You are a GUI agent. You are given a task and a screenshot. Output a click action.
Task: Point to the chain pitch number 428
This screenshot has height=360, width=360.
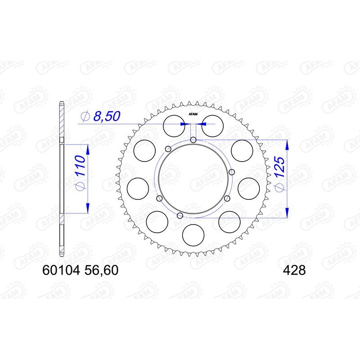[x=294, y=270]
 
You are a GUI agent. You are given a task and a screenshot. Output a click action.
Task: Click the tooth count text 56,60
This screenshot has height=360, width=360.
[x=103, y=270]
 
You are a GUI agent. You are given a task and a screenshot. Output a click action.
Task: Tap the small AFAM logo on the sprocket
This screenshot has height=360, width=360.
[x=193, y=114]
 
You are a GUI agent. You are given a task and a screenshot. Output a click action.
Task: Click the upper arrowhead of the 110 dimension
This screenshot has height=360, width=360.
[x=86, y=148]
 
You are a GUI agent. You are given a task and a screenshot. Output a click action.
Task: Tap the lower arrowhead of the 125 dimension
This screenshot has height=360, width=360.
[x=287, y=214]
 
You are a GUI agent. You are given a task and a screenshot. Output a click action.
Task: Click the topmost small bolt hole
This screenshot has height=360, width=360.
[x=193, y=140]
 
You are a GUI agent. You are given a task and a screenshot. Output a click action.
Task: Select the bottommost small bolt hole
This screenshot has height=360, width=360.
[x=180, y=216]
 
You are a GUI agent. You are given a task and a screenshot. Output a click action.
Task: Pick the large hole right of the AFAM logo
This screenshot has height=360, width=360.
[x=211, y=125]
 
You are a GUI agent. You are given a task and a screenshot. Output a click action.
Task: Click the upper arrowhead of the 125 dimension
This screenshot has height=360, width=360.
[x=287, y=144]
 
